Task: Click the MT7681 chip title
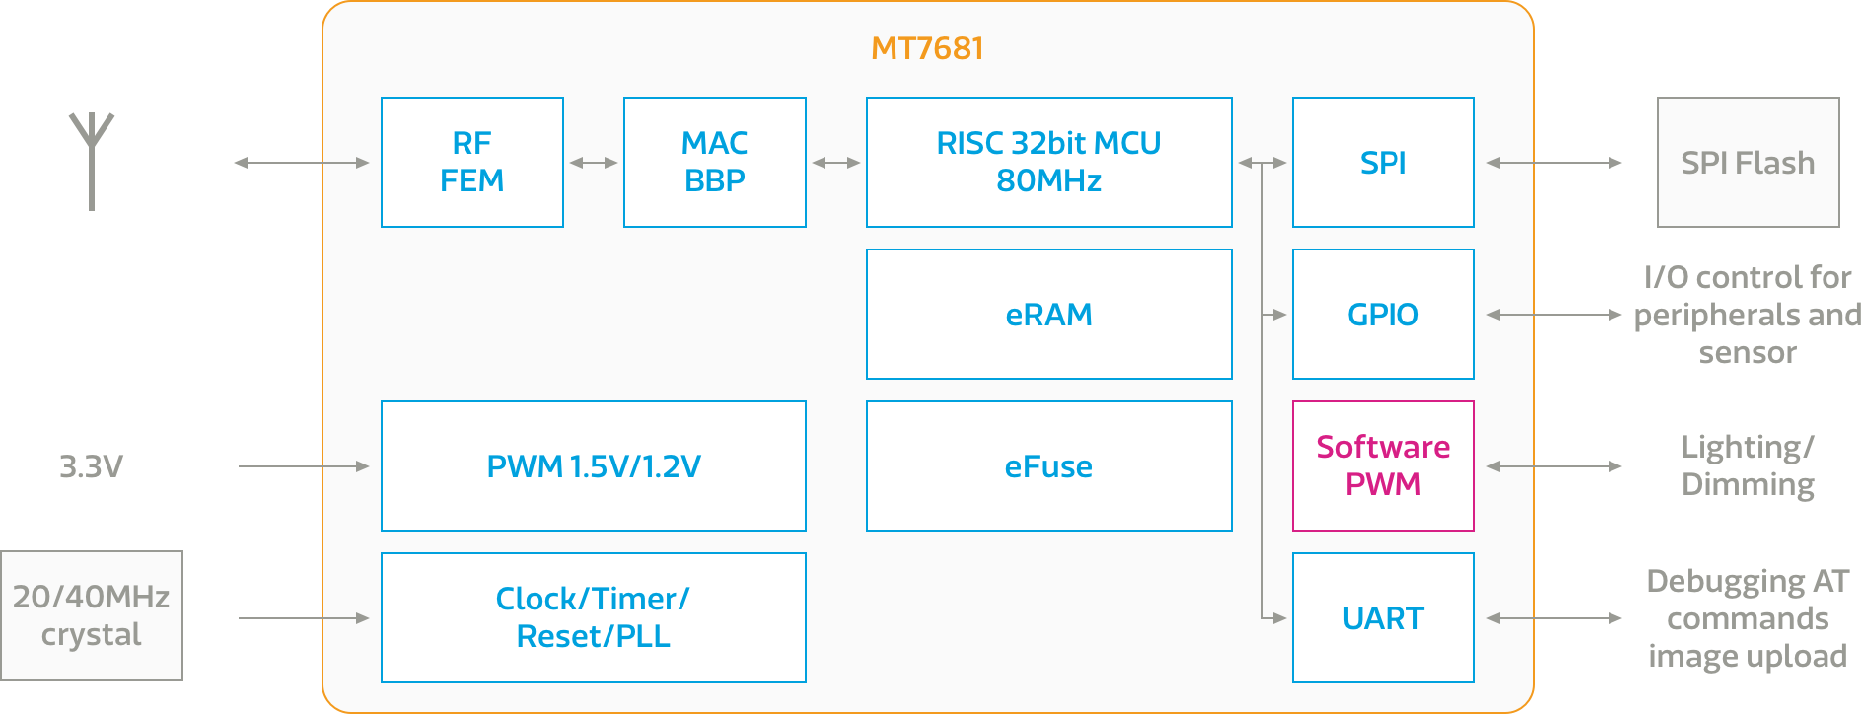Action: pos(927,48)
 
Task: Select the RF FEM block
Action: pos(471,162)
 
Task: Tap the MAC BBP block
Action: pos(714,162)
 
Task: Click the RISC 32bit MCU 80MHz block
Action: pos(1048,162)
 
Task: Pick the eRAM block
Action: pos(1048,314)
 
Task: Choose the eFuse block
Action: pos(1048,465)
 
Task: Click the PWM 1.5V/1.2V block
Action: pos(593,465)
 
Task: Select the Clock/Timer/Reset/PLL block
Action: pos(593,617)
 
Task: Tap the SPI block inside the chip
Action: pos(1383,162)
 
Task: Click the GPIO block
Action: pos(1383,314)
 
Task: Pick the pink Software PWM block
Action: pos(1383,465)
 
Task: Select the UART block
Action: pos(1383,617)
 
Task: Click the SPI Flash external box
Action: pos(1748,162)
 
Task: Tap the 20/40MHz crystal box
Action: pos(92,615)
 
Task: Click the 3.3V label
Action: pos(91,465)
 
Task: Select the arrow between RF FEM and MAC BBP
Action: pos(593,162)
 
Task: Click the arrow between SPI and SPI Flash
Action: pos(1554,162)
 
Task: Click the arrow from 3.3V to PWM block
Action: pos(304,465)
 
